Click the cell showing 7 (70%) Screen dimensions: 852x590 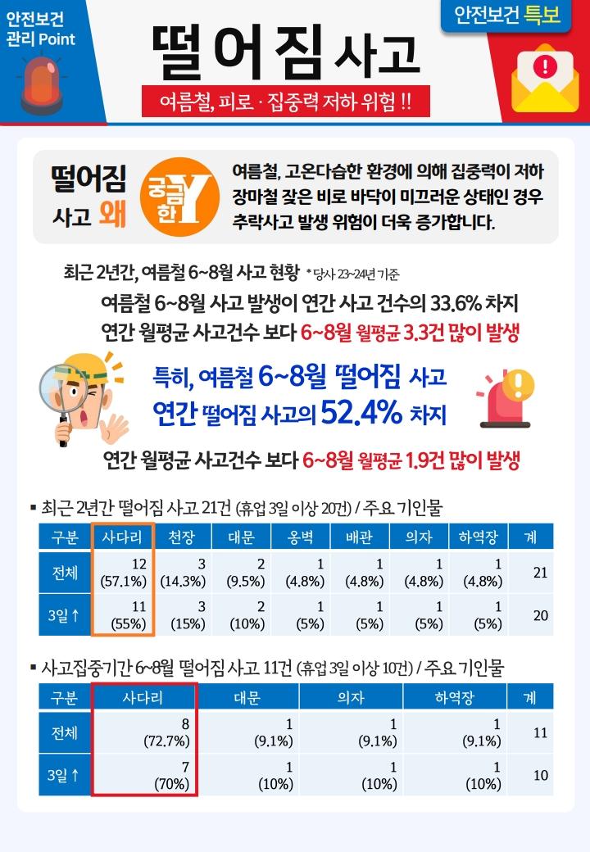point(143,775)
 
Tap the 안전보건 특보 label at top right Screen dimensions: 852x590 point(506,16)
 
